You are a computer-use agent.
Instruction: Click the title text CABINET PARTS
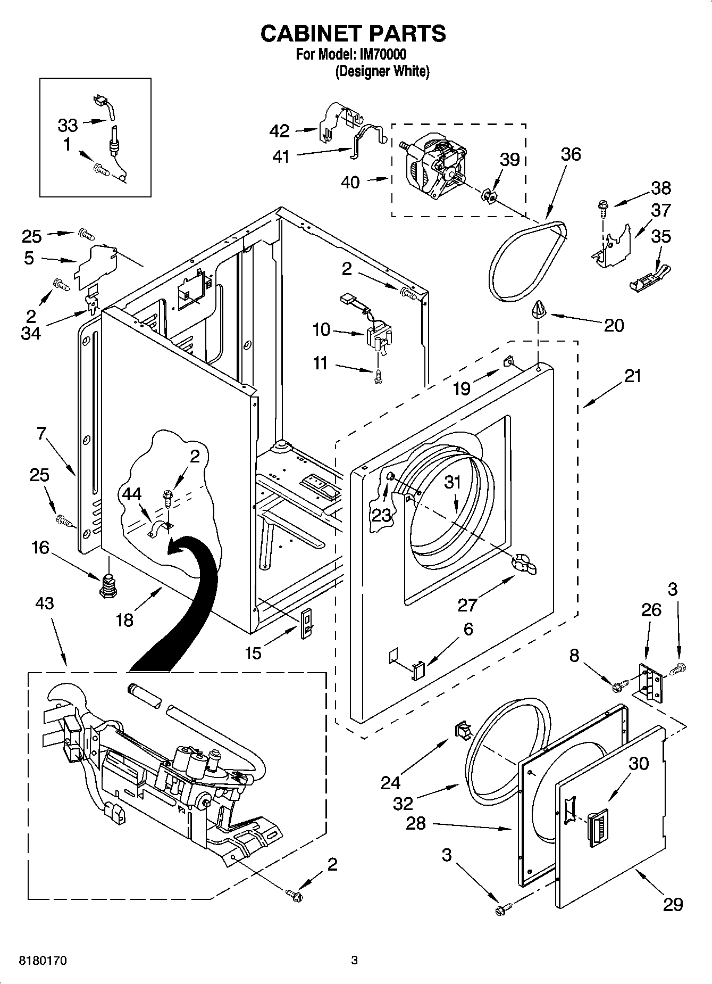tap(353, 33)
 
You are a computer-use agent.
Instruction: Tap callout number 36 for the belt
tap(571, 154)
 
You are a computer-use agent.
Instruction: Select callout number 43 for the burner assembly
tap(45, 603)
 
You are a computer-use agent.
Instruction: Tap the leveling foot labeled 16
tap(108, 585)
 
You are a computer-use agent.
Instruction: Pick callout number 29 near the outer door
tap(673, 904)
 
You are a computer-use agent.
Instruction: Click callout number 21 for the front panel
tap(632, 376)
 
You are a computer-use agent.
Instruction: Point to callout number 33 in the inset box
tap(68, 125)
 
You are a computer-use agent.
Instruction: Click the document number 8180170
tap(42, 961)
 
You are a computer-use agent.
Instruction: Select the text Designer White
tap(382, 71)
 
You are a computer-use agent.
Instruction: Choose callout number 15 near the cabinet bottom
tap(254, 653)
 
